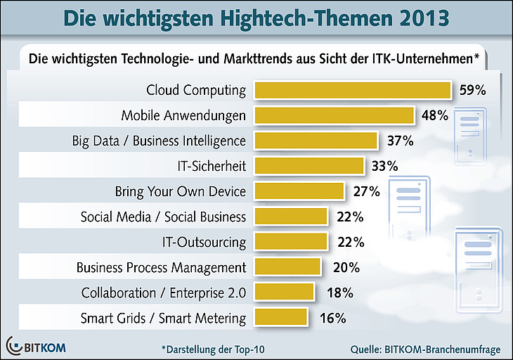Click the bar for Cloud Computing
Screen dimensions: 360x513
click(x=351, y=90)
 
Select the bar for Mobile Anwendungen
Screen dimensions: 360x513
click(x=334, y=115)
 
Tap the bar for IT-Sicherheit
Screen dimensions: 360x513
click(x=309, y=166)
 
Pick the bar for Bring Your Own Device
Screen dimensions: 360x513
click(x=299, y=191)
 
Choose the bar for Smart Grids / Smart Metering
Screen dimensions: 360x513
click(x=280, y=318)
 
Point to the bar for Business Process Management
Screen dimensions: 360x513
click(x=287, y=267)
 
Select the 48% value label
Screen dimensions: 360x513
click(x=434, y=115)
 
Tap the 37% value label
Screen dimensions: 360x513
click(x=400, y=141)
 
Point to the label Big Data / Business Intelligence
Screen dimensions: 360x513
click(x=159, y=141)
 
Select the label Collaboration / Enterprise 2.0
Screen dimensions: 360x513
click(x=164, y=292)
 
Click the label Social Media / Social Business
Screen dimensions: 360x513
click(x=163, y=217)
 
